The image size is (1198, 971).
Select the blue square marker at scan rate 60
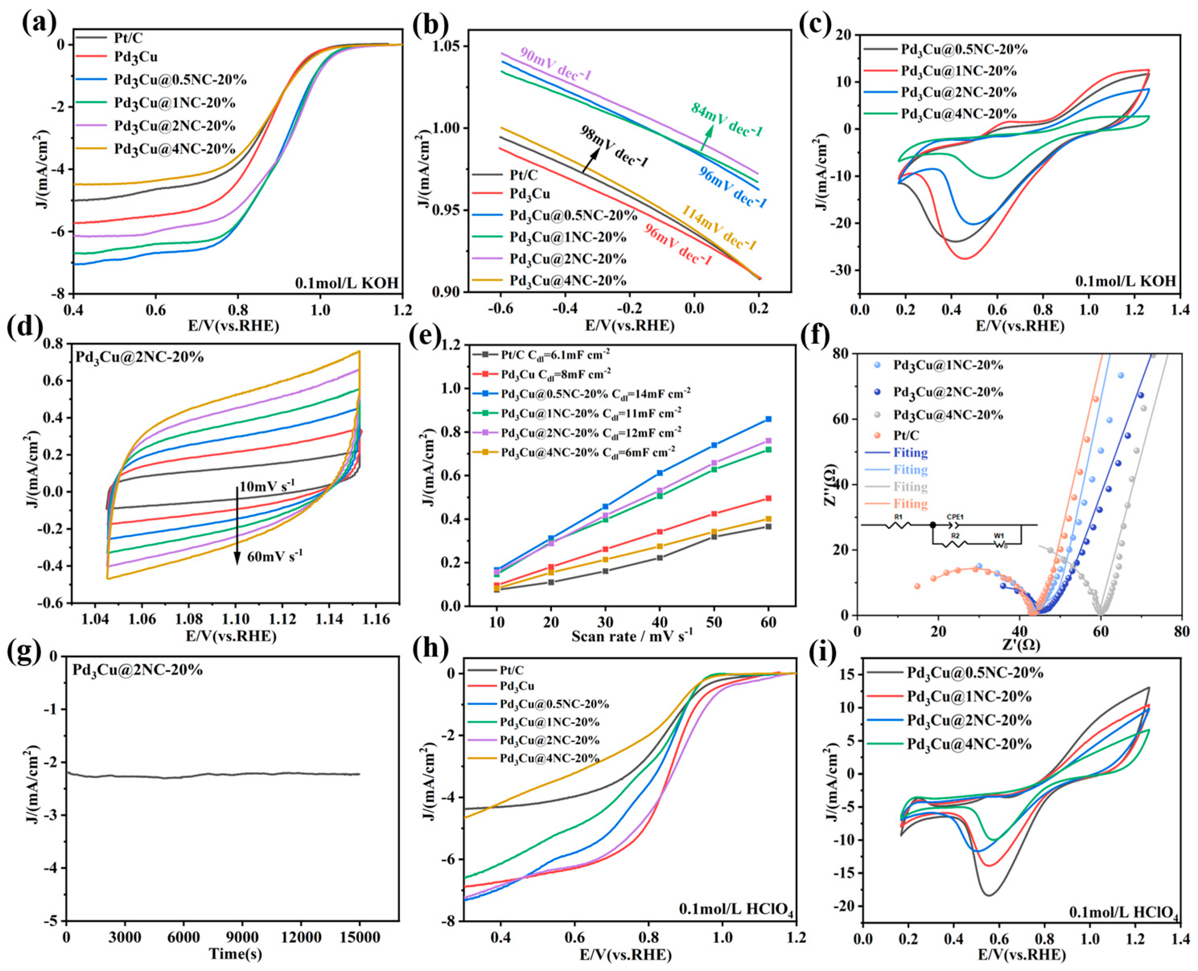[768, 419]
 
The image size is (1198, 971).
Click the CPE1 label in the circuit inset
[955, 517]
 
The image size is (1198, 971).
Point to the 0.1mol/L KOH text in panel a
[347, 283]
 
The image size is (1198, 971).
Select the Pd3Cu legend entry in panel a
[136, 57]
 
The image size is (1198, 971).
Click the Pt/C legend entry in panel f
[906, 435]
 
